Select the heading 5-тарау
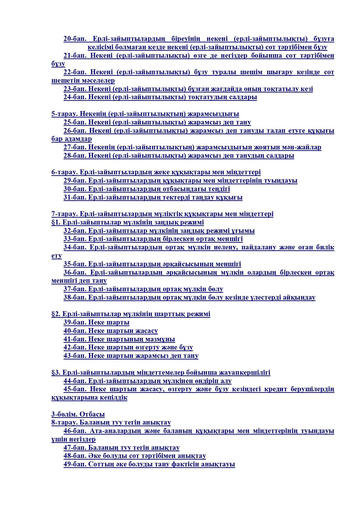pyautogui.click(x=64, y=114)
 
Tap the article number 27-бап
pyautogui.click(x=75, y=147)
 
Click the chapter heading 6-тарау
pyautogui.click(x=64, y=172)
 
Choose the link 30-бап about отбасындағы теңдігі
pyautogui.click(x=146, y=189)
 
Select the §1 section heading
pyautogui.click(x=127, y=222)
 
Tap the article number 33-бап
pyautogui.click(x=75, y=239)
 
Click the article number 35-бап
pyautogui.click(x=75, y=264)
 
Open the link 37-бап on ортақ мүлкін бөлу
pyautogui.click(x=143, y=289)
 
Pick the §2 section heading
pyautogui.click(x=131, y=314)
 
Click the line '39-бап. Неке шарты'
pyautogui.click(x=96, y=323)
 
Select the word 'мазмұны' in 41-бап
pyautogui.click(x=162, y=339)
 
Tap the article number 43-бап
pyautogui.click(x=75, y=356)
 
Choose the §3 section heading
pyautogui.click(x=161, y=373)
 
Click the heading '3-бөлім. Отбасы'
pyautogui.click(x=78, y=414)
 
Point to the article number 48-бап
pyautogui.click(x=75, y=456)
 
